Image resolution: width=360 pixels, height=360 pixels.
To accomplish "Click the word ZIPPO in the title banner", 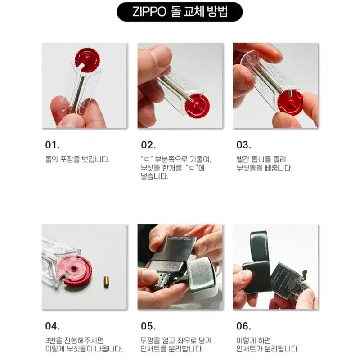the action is [149, 12].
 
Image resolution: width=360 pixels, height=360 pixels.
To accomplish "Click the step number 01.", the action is [53, 145].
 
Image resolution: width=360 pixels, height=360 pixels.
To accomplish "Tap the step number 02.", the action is [148, 145].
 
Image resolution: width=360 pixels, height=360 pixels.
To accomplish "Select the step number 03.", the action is [244, 145].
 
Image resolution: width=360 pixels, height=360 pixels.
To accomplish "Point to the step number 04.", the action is [53, 326].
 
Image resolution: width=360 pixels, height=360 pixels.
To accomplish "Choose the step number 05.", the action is [148, 326].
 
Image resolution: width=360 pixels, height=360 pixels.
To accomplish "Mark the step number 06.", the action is [244, 326].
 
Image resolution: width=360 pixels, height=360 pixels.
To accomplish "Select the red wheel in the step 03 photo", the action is [290, 103].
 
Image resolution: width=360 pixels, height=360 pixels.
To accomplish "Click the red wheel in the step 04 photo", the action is [77, 271].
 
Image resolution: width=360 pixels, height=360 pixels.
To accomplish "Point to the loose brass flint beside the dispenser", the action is [106, 283].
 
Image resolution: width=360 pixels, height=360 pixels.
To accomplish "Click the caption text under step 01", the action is [77, 159].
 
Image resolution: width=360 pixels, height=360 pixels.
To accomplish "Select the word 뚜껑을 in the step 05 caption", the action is [152, 340].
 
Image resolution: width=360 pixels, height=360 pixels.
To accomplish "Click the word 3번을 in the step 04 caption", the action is [55, 340].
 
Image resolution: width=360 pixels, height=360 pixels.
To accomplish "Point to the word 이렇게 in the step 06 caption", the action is [247, 340].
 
